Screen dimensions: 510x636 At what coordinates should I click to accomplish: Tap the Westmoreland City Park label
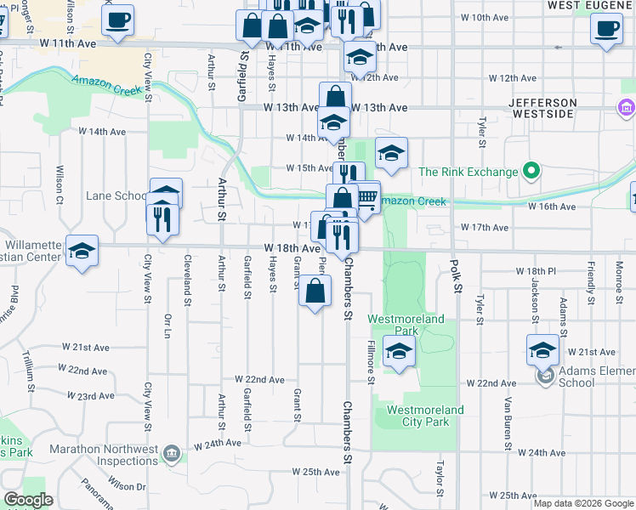click(425, 416)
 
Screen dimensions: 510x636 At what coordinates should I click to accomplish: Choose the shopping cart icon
click(366, 199)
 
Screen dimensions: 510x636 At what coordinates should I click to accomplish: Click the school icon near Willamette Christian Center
click(82, 251)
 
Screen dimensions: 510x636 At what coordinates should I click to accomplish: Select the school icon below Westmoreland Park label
click(398, 350)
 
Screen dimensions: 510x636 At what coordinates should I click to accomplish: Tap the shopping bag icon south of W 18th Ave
click(315, 292)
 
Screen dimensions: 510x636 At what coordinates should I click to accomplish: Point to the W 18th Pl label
click(535, 270)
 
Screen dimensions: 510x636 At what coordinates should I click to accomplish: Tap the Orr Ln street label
click(168, 327)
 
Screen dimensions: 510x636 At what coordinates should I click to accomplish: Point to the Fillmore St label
click(372, 361)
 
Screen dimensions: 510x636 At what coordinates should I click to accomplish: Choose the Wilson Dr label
click(128, 485)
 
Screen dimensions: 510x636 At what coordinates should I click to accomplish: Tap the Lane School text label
click(117, 196)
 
